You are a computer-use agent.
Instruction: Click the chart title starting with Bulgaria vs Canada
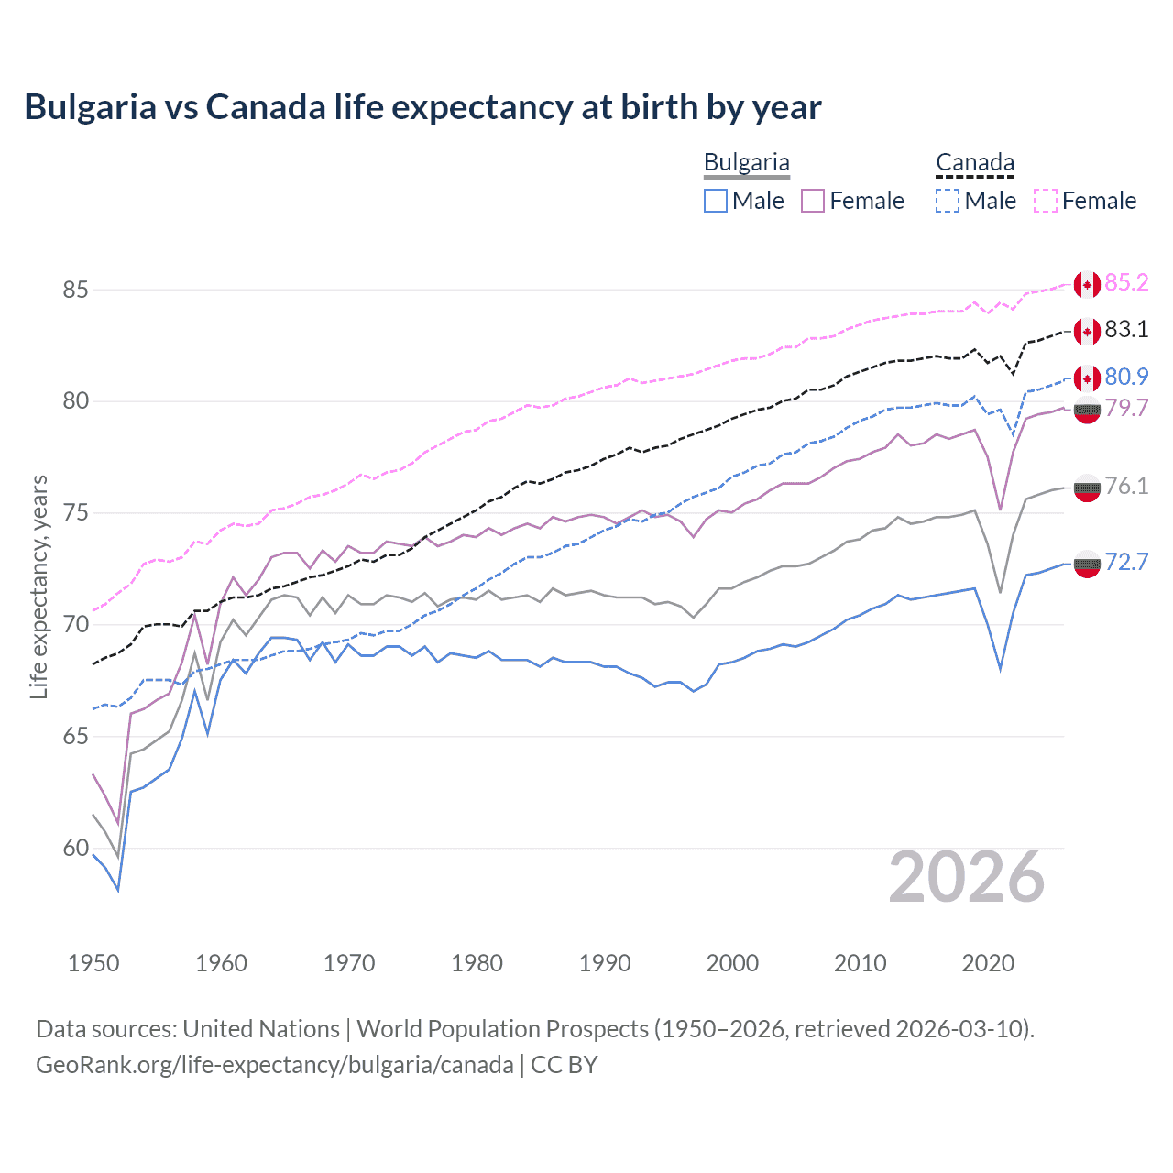(422, 107)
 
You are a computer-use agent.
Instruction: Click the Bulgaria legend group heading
(746, 162)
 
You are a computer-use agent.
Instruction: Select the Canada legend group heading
(974, 162)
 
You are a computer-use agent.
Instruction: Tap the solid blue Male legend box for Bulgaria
(716, 201)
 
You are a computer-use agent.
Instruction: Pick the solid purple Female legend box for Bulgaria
(813, 201)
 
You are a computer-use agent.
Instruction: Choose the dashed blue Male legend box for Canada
(948, 201)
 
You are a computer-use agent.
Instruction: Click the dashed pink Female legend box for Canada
(1046, 201)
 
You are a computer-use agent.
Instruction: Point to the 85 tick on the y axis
(75, 290)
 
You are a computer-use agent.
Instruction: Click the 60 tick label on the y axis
(75, 849)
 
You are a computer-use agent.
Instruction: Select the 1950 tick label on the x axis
(93, 963)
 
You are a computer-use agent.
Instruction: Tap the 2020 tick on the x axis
(988, 963)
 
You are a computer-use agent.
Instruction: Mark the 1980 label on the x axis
(477, 963)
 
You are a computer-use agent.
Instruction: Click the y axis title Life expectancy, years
(39, 586)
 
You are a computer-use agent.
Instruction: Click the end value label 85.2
(1126, 282)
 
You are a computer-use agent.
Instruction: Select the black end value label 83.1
(1126, 330)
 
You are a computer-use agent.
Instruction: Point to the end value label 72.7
(1126, 562)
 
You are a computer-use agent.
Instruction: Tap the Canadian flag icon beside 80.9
(1087, 378)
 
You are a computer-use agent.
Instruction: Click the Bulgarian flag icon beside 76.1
(1087, 488)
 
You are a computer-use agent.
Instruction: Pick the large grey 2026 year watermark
(967, 878)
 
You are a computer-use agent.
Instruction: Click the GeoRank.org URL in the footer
(275, 1065)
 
